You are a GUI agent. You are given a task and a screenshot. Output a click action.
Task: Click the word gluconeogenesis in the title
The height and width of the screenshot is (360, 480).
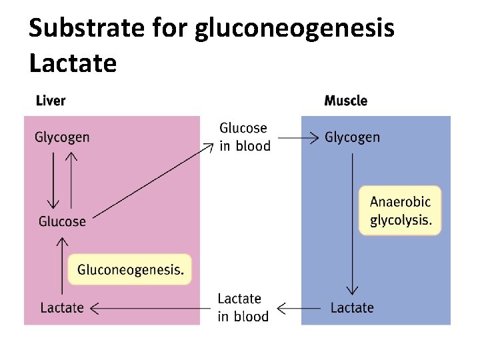295,29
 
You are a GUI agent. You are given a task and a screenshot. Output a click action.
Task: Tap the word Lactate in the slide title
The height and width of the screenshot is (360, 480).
73,63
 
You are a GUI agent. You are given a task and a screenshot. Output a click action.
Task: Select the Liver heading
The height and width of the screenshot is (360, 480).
50,101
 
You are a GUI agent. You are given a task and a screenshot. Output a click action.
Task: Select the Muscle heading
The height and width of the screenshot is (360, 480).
345,101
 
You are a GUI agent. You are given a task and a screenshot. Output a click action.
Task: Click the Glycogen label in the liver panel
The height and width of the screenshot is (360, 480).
62,137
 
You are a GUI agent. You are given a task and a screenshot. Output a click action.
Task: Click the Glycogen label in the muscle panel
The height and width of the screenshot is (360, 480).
352,137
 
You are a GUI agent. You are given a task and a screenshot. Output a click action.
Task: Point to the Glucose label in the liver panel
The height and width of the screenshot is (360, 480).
62,221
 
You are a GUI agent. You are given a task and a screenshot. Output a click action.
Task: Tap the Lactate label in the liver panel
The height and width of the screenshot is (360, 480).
62,307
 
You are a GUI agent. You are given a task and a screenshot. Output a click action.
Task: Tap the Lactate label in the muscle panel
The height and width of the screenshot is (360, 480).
352,307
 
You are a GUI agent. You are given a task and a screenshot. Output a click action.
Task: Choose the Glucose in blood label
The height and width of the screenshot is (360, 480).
245,137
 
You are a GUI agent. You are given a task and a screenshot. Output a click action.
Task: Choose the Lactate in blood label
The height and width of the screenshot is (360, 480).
243,307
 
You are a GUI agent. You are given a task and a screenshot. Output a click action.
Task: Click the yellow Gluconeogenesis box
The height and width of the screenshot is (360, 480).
130,269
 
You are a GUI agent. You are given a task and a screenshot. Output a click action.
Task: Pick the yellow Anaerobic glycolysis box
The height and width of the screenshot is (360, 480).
400,210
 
